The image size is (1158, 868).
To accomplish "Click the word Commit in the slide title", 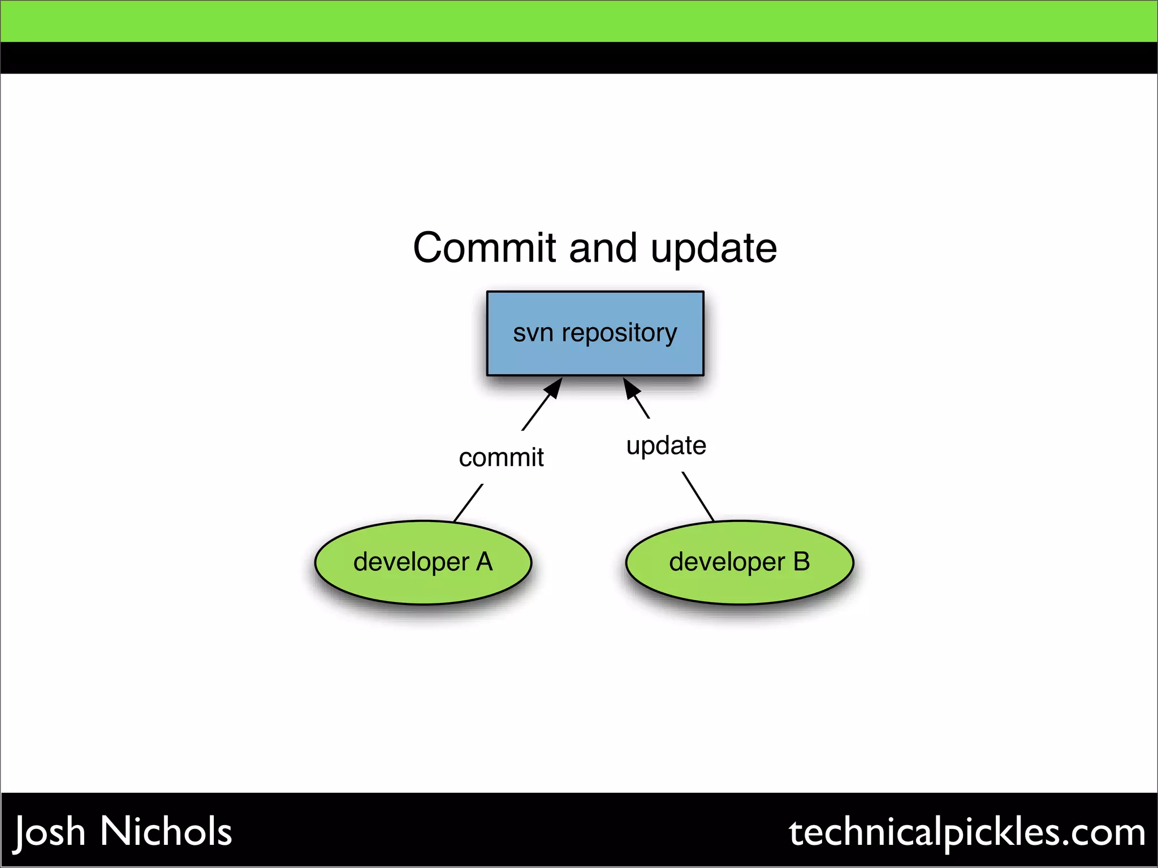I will pyautogui.click(x=485, y=249).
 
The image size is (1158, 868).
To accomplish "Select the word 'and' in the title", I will pyautogui.click(x=603, y=249).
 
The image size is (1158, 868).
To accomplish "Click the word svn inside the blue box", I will pyautogui.click(x=533, y=333).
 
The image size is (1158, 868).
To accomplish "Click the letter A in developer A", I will pyautogui.click(x=484, y=562).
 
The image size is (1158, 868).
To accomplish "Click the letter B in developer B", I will pyautogui.click(x=801, y=562).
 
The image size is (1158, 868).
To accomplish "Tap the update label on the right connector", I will pyautogui.click(x=666, y=446).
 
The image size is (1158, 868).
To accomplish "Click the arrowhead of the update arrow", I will pyautogui.click(x=630, y=388).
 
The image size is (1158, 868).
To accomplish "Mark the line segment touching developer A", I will pyautogui.click(x=468, y=503).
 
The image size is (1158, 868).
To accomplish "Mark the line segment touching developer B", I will pyautogui.click(x=698, y=496).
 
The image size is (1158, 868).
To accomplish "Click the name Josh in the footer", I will pyautogui.click(x=50, y=832).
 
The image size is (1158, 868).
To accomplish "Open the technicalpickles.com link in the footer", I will pyautogui.click(x=967, y=832).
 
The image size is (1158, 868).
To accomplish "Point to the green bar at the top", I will pyautogui.click(x=579, y=21).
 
